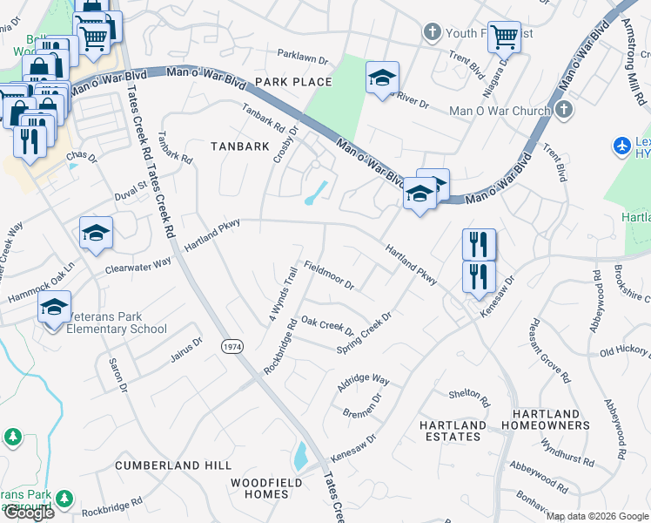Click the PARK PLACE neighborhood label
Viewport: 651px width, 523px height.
point(293,82)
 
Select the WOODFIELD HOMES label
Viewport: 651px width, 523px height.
point(265,488)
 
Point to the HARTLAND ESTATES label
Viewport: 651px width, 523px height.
point(453,431)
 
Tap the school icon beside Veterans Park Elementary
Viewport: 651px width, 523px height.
point(54,309)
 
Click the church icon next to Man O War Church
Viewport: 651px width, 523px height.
point(564,110)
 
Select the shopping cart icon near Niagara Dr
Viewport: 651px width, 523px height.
point(504,37)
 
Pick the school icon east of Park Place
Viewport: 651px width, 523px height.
point(382,78)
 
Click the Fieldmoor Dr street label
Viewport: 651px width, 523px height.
point(329,275)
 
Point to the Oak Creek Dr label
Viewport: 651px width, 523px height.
point(326,326)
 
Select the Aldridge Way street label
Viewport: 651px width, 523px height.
point(364,382)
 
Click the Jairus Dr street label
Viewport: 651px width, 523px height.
point(185,345)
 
